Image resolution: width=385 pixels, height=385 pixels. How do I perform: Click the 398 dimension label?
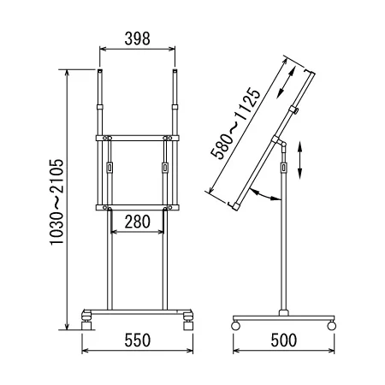click(137, 38)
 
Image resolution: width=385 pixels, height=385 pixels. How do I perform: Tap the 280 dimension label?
click(137, 222)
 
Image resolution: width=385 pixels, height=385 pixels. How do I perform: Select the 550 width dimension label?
click(138, 341)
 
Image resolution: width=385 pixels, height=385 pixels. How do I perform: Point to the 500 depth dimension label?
click(284, 341)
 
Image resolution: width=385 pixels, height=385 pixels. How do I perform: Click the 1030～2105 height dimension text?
click(56, 202)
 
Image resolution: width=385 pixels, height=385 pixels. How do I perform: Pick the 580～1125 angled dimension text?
click(235, 123)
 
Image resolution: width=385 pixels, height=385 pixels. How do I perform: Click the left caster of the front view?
click(86, 321)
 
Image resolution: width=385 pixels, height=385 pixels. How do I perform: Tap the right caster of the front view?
click(188, 321)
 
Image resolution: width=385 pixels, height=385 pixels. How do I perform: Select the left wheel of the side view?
click(235, 325)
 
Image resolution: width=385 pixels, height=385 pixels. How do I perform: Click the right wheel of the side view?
click(332, 325)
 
